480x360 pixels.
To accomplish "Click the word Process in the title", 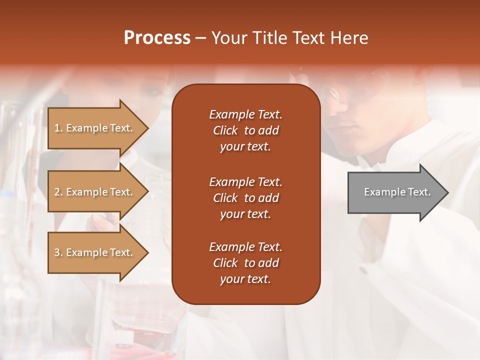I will click(157, 38).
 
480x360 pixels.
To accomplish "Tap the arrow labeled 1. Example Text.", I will click(95, 128).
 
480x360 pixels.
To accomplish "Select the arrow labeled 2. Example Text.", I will click(95, 192).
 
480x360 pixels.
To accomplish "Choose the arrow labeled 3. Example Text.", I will click(95, 252).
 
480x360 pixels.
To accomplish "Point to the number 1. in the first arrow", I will click(58, 128).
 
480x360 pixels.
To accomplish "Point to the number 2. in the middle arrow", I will click(58, 192).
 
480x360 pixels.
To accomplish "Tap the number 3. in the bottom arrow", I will click(58, 252).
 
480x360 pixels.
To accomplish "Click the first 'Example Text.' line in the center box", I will click(245, 114).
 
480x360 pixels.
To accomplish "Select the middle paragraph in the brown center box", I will click(245, 198).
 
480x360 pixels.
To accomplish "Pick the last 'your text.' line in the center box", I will click(245, 279).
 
